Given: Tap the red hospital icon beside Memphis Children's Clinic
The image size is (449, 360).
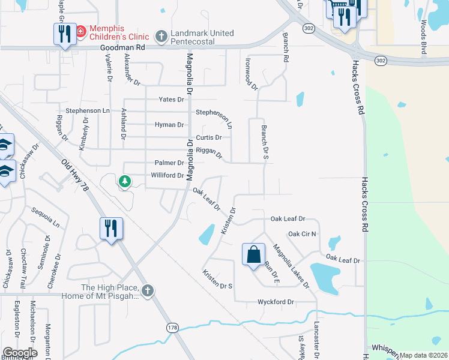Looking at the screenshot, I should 80,29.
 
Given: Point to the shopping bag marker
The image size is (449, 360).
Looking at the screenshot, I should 253,254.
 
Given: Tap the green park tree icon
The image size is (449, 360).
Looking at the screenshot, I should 125,181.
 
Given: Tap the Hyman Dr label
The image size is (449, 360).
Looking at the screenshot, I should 169,125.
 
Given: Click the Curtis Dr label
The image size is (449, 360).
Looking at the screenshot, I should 209,137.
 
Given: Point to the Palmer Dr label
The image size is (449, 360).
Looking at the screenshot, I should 169,163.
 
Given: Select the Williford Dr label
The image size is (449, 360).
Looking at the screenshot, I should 167,175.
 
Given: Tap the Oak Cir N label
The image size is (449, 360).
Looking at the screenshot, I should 302,233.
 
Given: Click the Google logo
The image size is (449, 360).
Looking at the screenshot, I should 20,353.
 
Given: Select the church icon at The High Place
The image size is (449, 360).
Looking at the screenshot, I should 148,292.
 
